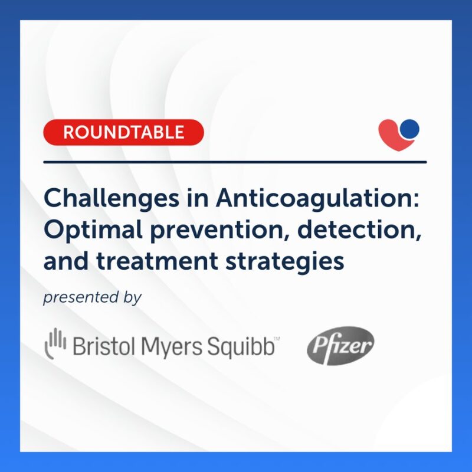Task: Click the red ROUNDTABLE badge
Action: pyautogui.click(x=123, y=132)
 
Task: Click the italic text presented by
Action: pyautogui.click(x=92, y=299)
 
